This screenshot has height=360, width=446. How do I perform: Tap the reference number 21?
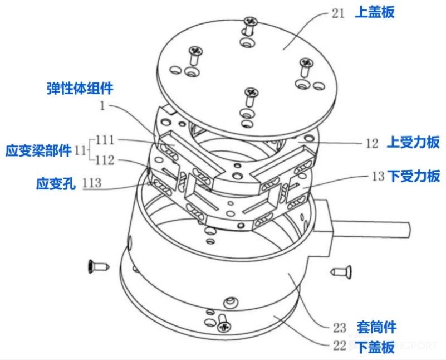(x=338, y=13)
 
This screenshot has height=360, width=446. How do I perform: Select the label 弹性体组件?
(x=80, y=88)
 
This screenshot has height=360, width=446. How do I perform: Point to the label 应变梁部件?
(x=38, y=150)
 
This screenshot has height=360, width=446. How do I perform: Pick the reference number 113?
(x=92, y=183)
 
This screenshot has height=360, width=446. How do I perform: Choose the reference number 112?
(x=106, y=160)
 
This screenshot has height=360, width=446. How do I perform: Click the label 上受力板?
(x=414, y=143)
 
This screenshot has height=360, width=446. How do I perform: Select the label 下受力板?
(x=414, y=177)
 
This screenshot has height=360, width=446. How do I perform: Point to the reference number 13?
(x=378, y=177)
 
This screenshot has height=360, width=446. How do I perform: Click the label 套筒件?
(x=378, y=327)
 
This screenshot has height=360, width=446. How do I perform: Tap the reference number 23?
(x=340, y=327)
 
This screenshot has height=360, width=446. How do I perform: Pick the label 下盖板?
(x=375, y=347)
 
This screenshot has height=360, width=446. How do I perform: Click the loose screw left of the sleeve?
(x=96, y=267)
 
